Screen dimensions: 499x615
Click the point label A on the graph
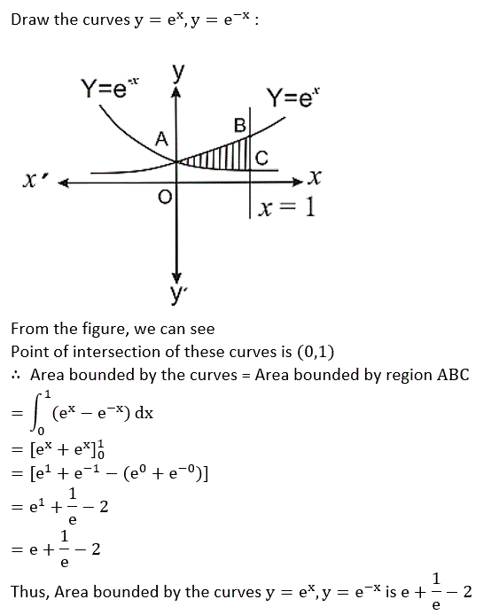pos(161,139)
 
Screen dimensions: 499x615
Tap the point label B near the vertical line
pos(239,126)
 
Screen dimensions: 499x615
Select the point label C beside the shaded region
pos(261,158)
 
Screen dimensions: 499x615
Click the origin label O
pos(165,197)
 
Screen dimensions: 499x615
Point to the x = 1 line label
pos(287,206)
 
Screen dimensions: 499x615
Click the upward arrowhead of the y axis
pos(176,92)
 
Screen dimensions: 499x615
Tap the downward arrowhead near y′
pos(177,276)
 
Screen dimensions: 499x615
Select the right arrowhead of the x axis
pos(298,182)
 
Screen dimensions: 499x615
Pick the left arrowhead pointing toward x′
pos(64,183)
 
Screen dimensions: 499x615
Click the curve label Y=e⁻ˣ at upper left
pos(110,88)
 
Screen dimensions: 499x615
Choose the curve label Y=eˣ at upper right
pos(293,97)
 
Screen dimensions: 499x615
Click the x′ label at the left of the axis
pos(36,181)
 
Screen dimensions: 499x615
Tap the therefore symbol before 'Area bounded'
pos(16,376)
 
